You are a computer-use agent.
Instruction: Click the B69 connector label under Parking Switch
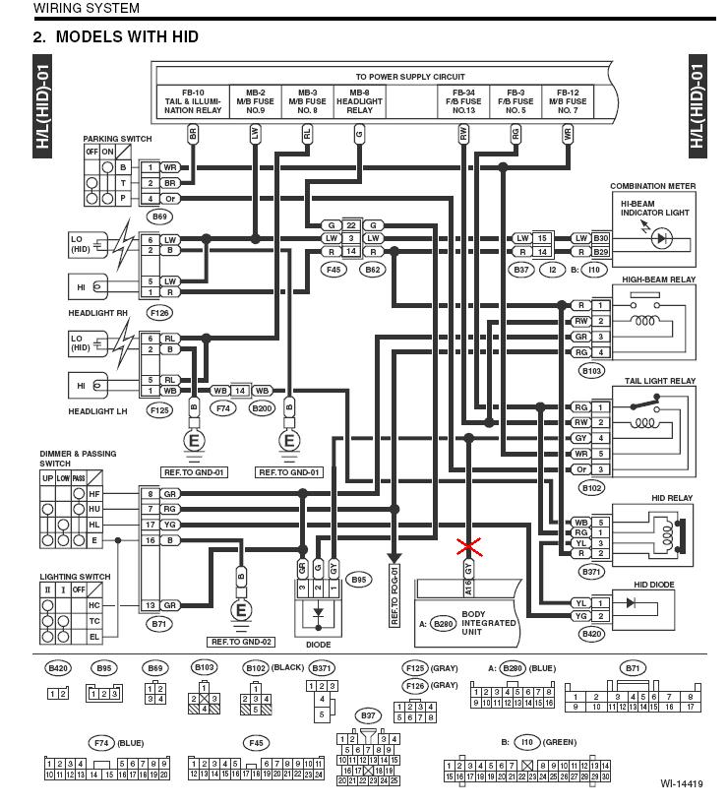(x=156, y=216)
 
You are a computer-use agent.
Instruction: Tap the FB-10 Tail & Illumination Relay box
(x=192, y=99)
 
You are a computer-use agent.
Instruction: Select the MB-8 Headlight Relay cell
(x=359, y=99)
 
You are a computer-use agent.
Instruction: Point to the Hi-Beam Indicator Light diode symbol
(x=663, y=237)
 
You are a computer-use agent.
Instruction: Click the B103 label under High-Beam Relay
(x=591, y=371)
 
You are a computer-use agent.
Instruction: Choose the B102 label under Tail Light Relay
(x=591, y=487)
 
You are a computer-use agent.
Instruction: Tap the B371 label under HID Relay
(x=591, y=572)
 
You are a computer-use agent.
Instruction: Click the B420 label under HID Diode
(x=591, y=635)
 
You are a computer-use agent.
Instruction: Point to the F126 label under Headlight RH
(x=156, y=312)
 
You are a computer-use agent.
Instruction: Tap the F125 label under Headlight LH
(x=156, y=409)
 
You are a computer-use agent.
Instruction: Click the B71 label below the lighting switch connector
(x=156, y=623)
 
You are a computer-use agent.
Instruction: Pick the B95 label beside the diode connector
(x=359, y=580)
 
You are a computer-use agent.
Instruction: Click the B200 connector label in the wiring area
(x=262, y=408)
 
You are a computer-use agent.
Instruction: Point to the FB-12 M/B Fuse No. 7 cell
(x=568, y=99)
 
